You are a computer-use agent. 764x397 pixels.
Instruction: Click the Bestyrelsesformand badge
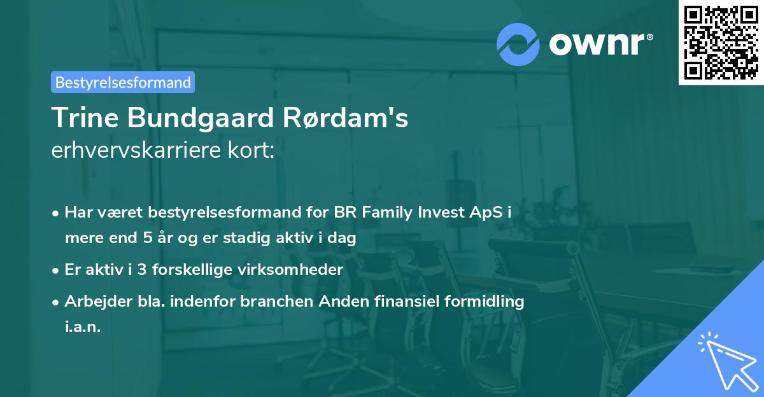122,82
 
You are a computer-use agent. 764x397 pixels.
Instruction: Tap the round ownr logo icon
518,44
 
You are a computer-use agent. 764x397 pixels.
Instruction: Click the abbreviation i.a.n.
83,327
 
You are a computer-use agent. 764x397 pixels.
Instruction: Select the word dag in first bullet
342,239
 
